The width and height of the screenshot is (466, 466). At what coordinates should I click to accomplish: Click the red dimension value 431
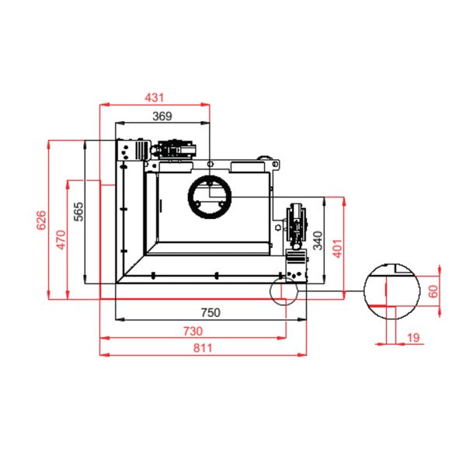pos(155,98)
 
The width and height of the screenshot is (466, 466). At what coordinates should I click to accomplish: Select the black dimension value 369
pos(162,116)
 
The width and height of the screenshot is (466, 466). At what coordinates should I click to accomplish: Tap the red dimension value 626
pos(41,220)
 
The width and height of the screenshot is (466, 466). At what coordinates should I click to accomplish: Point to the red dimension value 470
pos(61,239)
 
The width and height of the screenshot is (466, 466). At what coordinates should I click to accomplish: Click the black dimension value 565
pos(78,211)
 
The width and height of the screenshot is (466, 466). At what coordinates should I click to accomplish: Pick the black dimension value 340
pos(318,241)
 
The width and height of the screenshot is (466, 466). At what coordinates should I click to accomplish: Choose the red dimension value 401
pos(337,249)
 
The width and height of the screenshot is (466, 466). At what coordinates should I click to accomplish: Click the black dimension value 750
pos(210,312)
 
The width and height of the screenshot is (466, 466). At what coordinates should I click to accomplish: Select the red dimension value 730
pos(193,331)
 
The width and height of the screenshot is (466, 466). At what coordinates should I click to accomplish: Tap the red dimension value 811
pos(203,348)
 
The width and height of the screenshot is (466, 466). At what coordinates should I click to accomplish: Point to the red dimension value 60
pos(433,291)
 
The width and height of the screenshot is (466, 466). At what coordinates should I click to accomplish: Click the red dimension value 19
pos(413,338)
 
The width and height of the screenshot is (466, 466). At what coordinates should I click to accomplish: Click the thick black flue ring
pos(210,196)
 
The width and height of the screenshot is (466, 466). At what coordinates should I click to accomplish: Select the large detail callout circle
pos(392,291)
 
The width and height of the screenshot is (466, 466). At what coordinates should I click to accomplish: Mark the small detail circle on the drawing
pos(283,291)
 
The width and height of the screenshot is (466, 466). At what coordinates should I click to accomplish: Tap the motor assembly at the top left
pos(157,150)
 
